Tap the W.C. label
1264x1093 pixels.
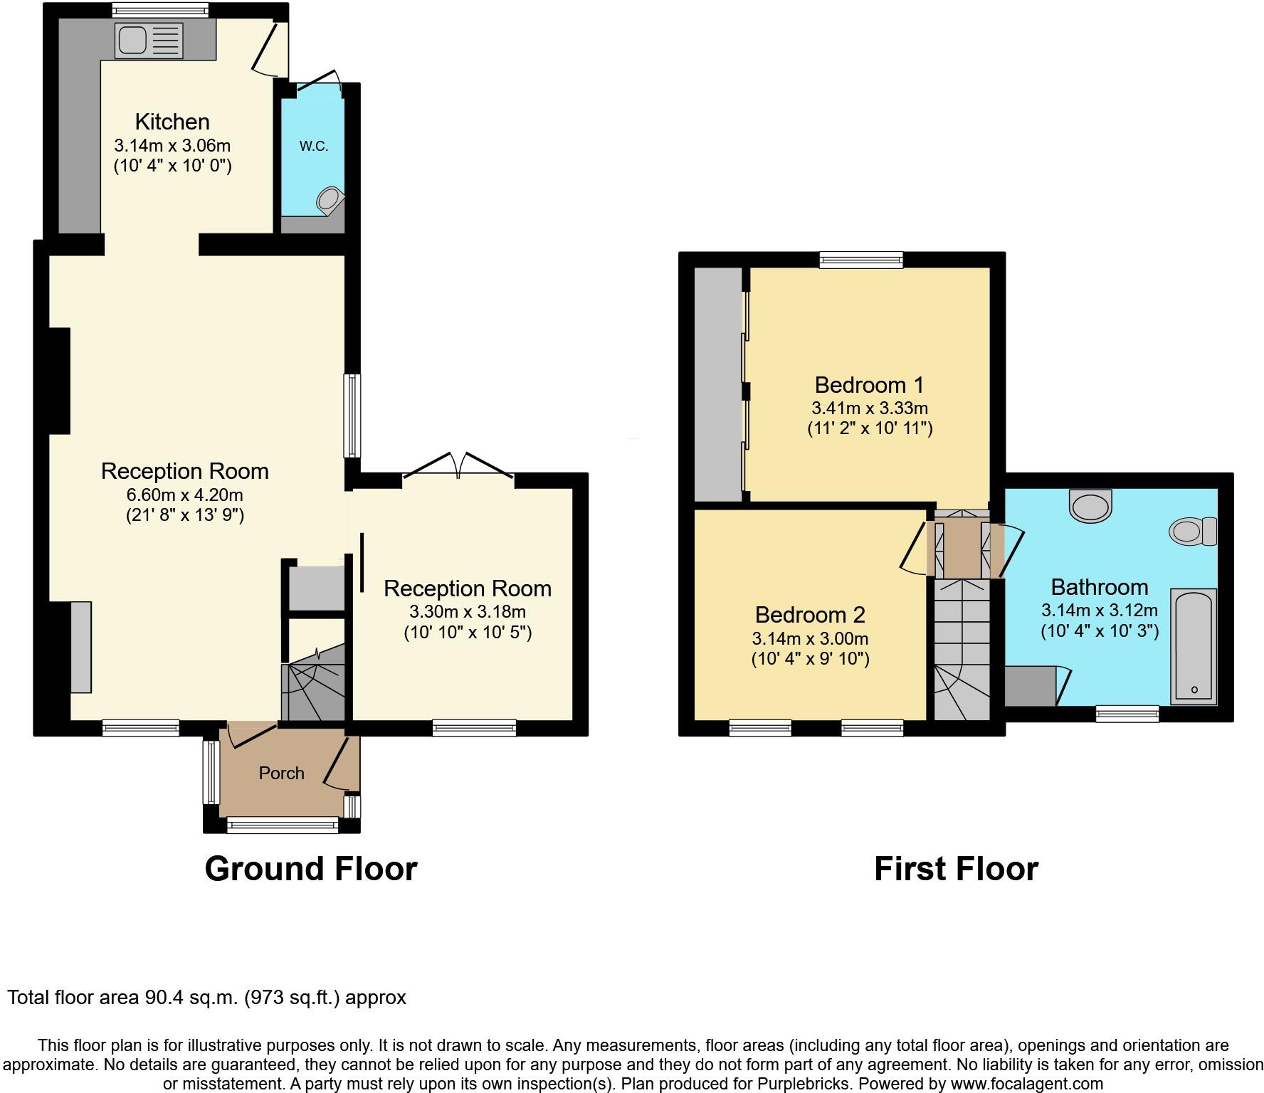click(313, 147)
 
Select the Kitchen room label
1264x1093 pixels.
click(172, 122)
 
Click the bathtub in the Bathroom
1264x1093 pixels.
click(1194, 646)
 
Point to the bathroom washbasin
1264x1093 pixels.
click(1090, 505)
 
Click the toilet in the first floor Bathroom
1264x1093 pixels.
click(1193, 531)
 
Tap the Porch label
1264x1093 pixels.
click(281, 773)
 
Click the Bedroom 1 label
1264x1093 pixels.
click(869, 385)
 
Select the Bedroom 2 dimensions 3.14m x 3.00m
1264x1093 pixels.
click(810, 638)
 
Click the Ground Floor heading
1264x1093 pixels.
click(310, 869)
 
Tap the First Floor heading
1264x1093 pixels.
click(956, 869)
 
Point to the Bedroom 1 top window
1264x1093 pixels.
click(860, 260)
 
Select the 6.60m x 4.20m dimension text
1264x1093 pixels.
click(184, 495)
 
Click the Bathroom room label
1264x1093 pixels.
click(1099, 587)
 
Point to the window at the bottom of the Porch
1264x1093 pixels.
click(283, 825)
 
